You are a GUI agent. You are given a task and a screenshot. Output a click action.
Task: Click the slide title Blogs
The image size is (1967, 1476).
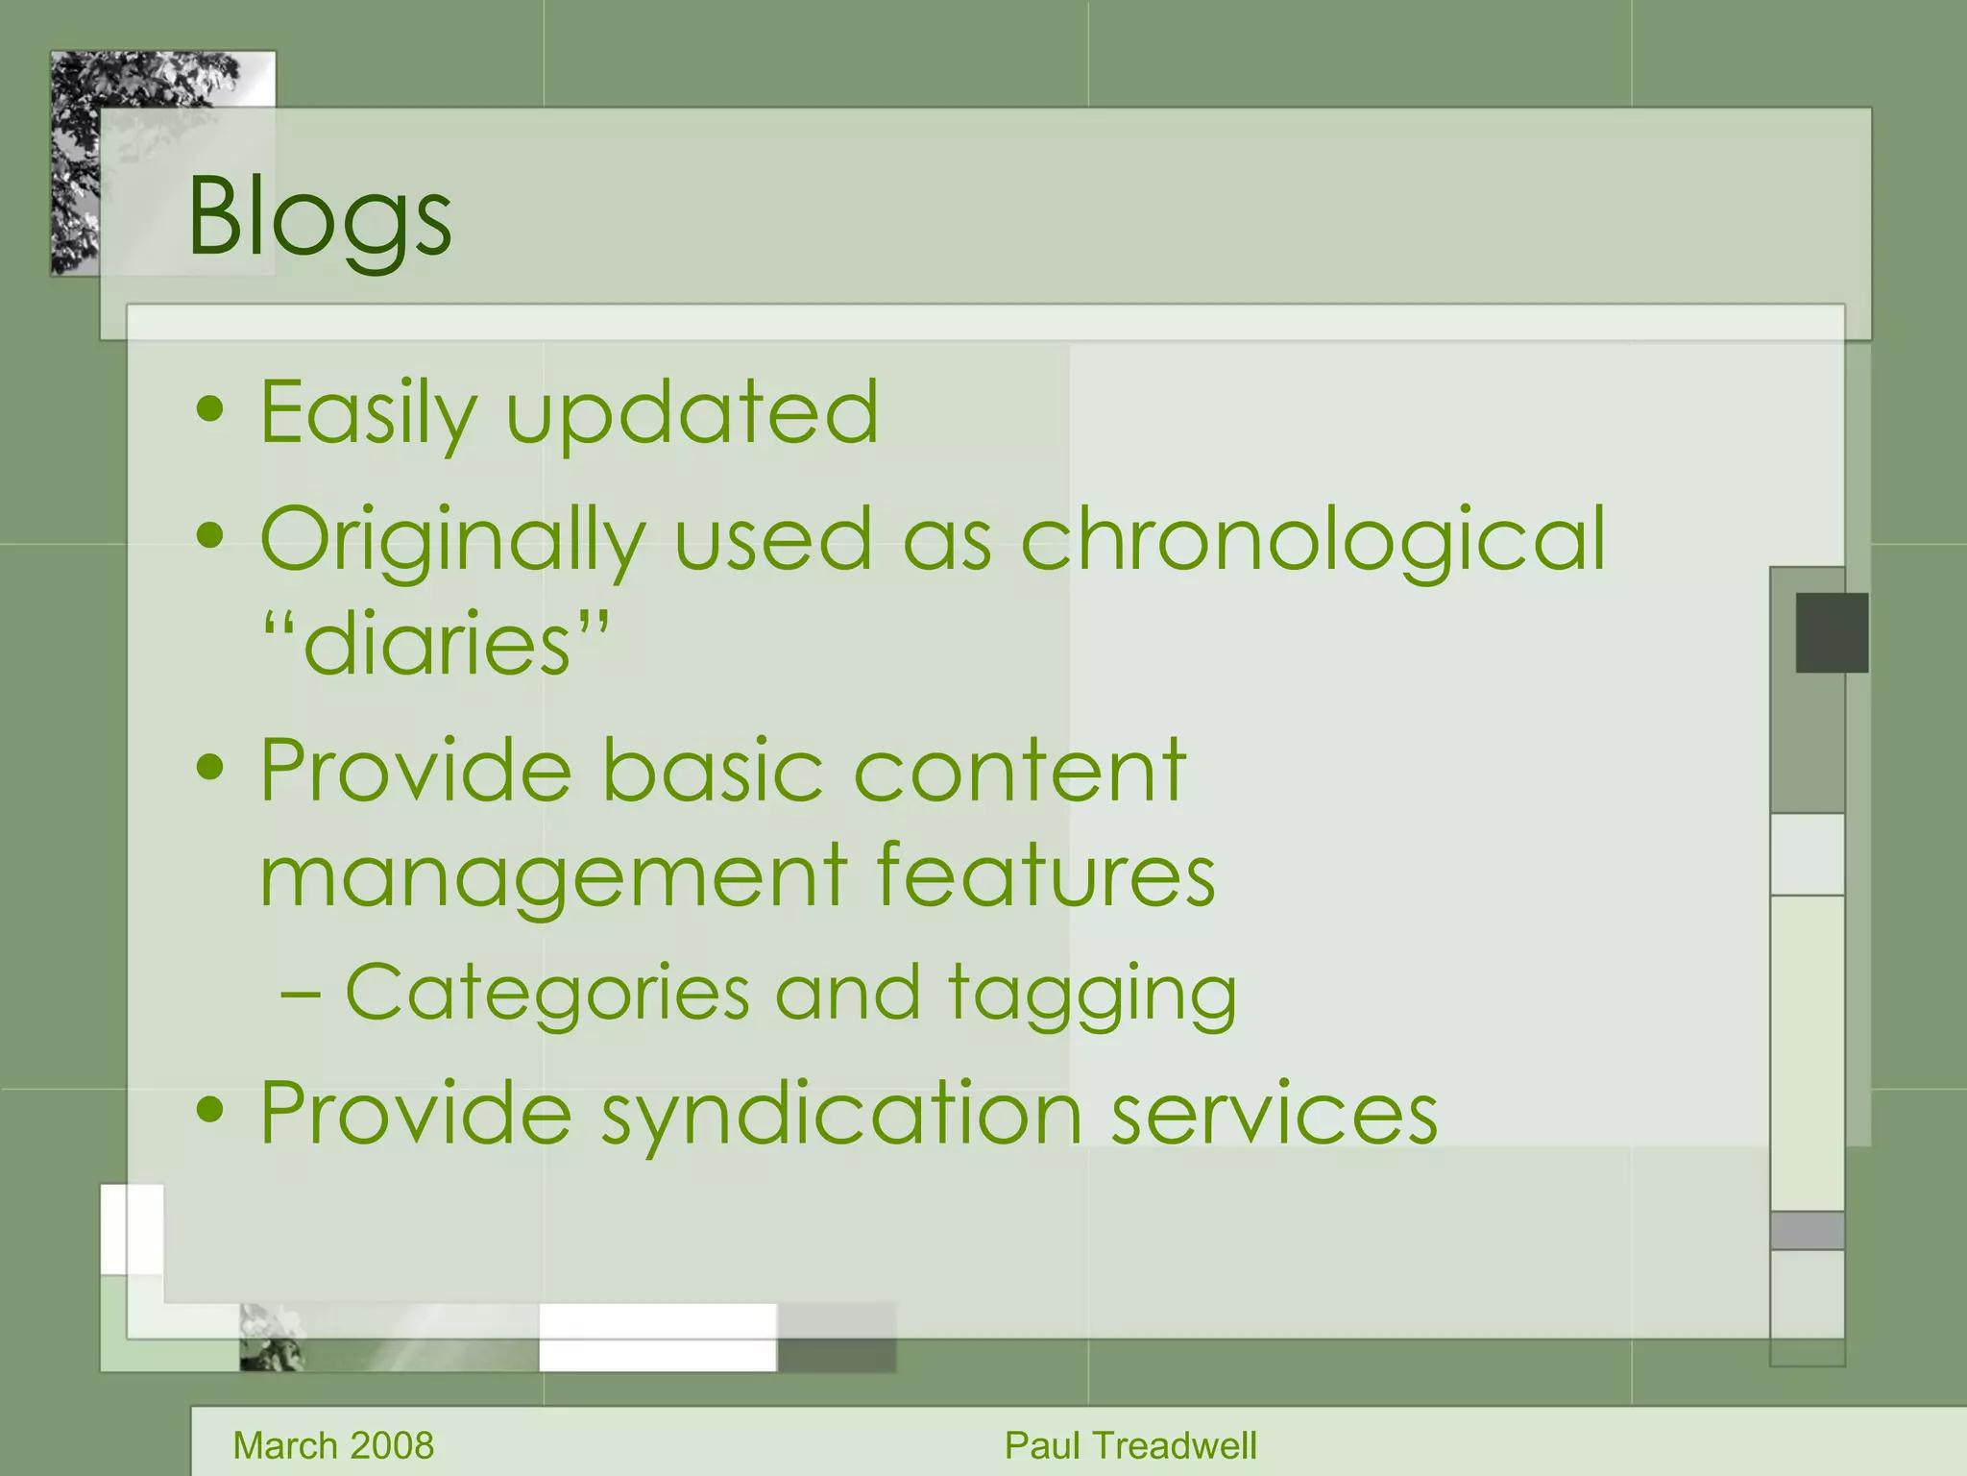[319, 217]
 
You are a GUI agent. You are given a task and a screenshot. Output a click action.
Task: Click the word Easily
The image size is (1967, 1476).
[368, 413]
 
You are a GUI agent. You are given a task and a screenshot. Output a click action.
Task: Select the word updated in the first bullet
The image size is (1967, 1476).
[692, 413]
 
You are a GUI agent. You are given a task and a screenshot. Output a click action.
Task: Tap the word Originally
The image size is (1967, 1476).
[451, 540]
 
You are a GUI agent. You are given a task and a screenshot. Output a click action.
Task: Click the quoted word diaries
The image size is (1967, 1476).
[437, 644]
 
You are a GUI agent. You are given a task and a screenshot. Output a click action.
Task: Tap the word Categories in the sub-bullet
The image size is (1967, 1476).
[546, 992]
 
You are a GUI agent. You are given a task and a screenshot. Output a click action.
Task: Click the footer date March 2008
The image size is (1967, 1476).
[333, 1445]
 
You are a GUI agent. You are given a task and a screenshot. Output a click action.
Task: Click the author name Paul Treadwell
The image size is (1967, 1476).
[1130, 1445]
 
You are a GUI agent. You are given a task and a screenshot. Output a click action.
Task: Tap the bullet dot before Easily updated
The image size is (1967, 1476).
[209, 410]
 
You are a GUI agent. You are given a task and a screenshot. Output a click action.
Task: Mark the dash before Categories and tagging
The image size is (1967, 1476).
[301, 994]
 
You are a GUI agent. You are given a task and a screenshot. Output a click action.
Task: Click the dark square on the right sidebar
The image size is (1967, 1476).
[1832, 632]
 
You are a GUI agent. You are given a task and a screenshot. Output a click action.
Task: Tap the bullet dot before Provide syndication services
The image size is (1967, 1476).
[209, 1110]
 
